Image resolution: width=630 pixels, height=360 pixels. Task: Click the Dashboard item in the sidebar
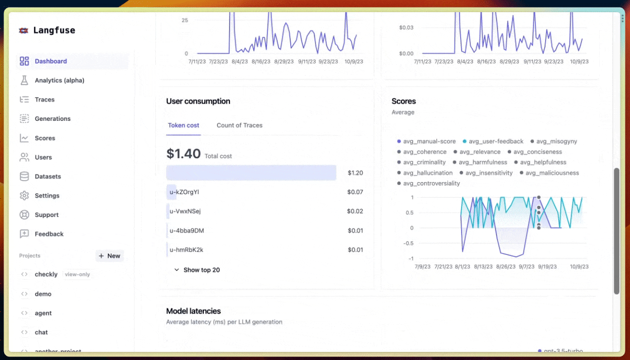51,61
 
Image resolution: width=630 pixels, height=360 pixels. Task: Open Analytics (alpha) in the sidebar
59,80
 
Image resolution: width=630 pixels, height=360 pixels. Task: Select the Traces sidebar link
44,100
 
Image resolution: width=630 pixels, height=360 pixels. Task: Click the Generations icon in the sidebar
24,119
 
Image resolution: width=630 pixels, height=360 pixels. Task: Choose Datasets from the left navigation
48,176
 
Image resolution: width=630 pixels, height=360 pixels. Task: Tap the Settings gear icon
24,196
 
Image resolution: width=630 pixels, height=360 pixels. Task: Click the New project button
110,256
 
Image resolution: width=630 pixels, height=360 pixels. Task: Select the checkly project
46,275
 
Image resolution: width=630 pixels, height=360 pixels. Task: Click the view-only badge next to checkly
77,275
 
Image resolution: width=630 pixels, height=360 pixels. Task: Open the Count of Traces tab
239,125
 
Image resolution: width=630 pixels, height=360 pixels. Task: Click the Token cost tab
184,125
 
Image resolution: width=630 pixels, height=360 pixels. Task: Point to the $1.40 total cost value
184,154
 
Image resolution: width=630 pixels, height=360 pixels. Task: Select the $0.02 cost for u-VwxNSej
355,211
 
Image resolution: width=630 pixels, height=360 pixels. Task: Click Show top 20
201,270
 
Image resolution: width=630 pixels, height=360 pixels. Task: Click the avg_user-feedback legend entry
496,142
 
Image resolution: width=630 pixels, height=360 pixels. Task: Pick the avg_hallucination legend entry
427,173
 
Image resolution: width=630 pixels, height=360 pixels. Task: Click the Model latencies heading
193,311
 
